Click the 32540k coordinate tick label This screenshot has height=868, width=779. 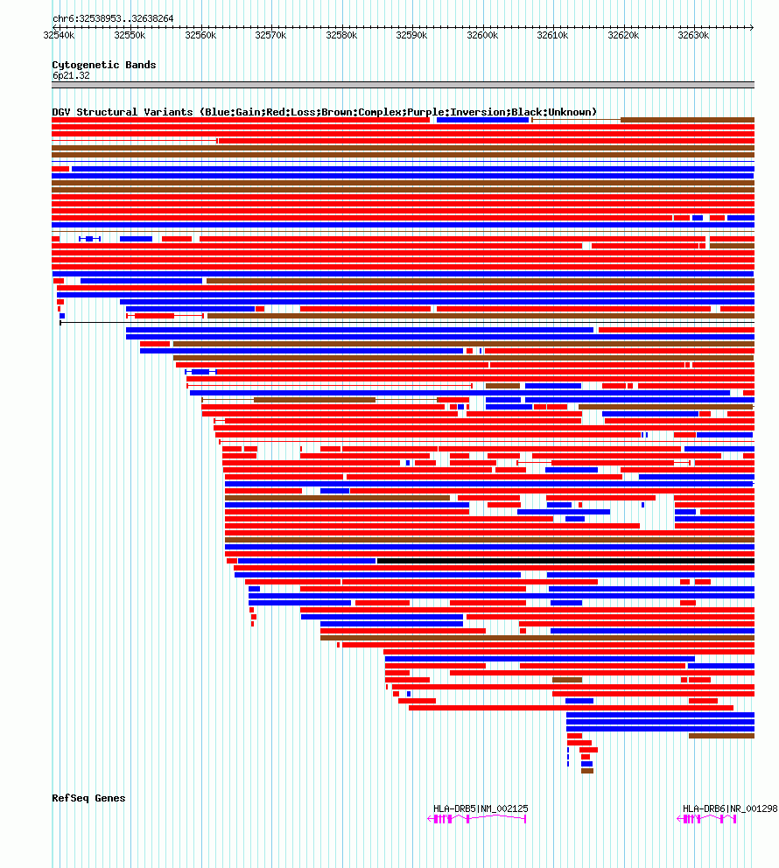(x=59, y=35)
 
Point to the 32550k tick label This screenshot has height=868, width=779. (x=130, y=35)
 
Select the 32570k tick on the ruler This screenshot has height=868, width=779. (x=270, y=35)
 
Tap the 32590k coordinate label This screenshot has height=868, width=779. (x=411, y=35)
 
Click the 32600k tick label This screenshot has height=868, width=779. (x=481, y=35)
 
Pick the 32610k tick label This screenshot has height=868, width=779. (x=552, y=35)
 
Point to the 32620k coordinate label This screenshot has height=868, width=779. (x=623, y=35)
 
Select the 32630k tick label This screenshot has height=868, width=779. (x=693, y=35)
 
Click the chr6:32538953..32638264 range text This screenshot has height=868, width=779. (x=113, y=18)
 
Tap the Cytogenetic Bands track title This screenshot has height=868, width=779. (x=103, y=65)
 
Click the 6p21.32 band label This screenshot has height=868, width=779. (x=71, y=75)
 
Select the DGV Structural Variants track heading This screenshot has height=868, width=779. (x=324, y=112)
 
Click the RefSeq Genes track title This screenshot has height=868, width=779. (x=88, y=798)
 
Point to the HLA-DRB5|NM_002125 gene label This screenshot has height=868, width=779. (x=481, y=808)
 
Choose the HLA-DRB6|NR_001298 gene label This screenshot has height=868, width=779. (x=730, y=808)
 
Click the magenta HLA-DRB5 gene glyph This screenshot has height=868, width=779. (x=477, y=819)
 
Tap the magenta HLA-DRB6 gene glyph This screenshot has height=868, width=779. (x=707, y=819)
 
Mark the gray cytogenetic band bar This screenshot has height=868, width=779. (x=403, y=85)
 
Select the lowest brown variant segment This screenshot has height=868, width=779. (x=587, y=771)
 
